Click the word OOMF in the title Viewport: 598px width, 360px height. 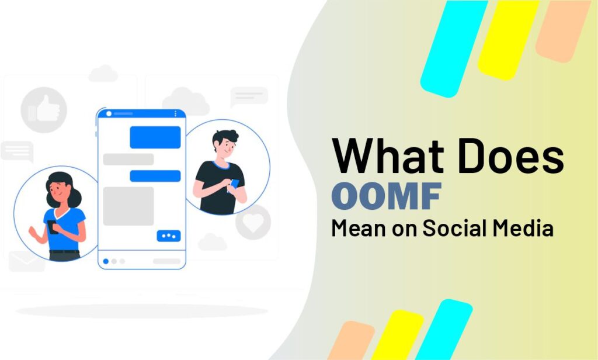[x=385, y=197]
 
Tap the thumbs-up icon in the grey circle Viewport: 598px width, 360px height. [x=40, y=109]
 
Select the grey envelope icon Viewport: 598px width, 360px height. [x=26, y=261]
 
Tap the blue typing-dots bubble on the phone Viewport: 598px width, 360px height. [x=168, y=236]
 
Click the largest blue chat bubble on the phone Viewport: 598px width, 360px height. [x=155, y=137]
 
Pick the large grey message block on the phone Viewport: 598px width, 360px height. [x=128, y=206]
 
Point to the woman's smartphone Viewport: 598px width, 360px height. [x=53, y=227]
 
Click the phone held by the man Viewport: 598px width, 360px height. [x=234, y=184]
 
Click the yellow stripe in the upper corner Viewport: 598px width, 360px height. [x=507, y=37]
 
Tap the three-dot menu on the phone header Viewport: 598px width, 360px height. [x=175, y=113]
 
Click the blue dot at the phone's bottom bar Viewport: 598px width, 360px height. [x=106, y=261]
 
